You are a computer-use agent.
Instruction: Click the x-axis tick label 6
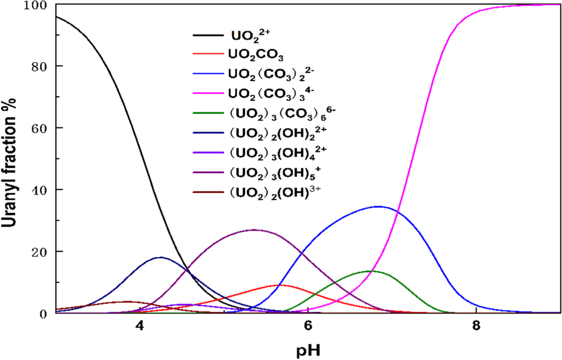tap(307, 326)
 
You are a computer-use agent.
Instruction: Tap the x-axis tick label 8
tap(476, 326)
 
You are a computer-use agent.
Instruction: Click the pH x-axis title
tap(307, 350)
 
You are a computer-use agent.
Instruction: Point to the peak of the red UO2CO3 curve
tap(279, 285)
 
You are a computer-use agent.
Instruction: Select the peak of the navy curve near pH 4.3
tap(161, 258)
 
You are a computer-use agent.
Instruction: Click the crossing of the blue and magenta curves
tap(397, 212)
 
